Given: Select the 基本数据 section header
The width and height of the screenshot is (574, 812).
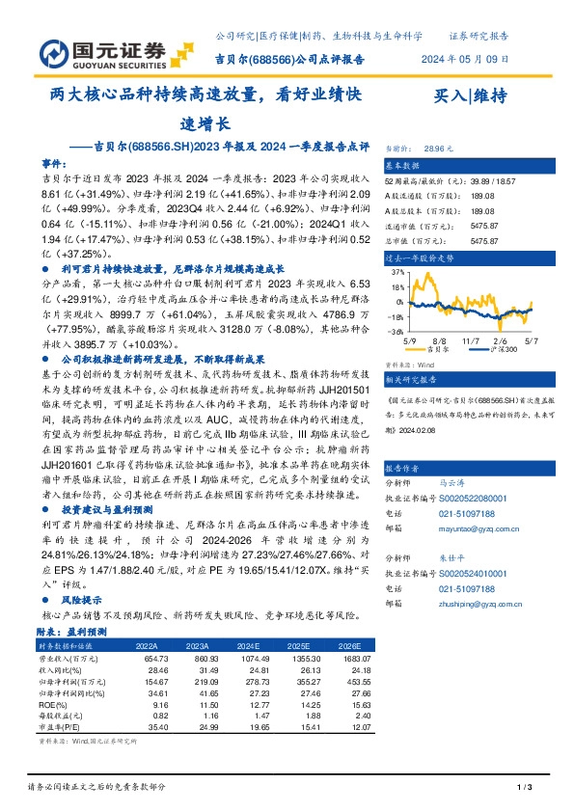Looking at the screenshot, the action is tap(405, 166).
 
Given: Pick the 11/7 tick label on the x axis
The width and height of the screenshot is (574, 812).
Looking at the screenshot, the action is tap(470, 340).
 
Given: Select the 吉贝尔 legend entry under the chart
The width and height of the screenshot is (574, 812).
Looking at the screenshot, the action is tap(438, 349).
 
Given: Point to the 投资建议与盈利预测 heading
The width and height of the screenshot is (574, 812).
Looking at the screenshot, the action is tap(104, 534).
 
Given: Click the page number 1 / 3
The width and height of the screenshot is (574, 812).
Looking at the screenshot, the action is tap(525, 788).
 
